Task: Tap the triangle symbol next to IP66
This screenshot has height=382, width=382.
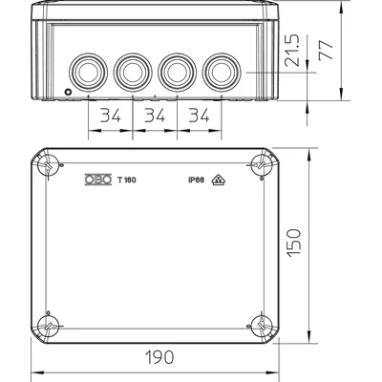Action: tap(218, 178)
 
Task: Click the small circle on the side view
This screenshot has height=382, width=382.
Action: tap(67, 91)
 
